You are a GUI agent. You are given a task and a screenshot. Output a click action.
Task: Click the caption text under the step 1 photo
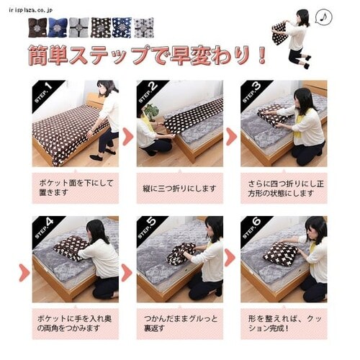(75, 188)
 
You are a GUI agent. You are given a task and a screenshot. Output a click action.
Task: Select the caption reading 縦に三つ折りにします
(179, 188)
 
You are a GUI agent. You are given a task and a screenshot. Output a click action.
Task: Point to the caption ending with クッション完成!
(284, 323)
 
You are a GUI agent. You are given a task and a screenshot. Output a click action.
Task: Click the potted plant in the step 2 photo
(151, 110)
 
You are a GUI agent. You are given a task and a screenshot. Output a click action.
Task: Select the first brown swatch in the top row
(37, 27)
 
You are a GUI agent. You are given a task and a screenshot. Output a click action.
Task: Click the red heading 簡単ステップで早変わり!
(148, 56)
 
